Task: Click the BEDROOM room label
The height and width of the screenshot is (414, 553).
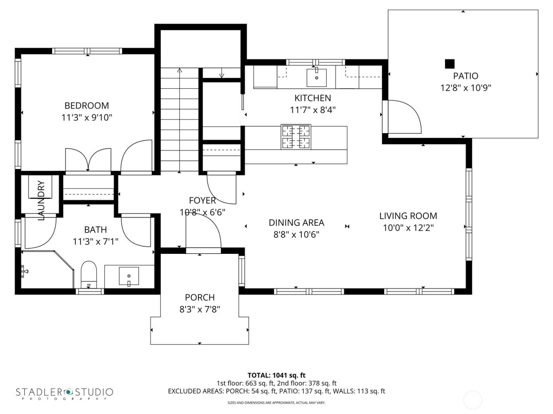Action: [x=87, y=106]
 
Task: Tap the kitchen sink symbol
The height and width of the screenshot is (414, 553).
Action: [x=317, y=77]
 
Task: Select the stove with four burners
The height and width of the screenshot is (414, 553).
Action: [x=296, y=137]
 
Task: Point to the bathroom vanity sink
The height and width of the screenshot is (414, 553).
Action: [x=129, y=276]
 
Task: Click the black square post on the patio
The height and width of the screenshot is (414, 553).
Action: [x=450, y=63]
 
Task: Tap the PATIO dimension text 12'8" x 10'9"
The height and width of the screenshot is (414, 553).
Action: [x=466, y=88]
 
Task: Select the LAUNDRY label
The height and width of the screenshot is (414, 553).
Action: [x=41, y=200]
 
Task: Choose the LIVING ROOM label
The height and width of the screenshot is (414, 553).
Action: [x=408, y=216]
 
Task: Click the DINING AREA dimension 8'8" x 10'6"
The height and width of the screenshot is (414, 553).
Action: [x=296, y=235]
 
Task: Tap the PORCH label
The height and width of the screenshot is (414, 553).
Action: [x=200, y=298]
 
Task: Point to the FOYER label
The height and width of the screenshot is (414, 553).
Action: [x=202, y=201]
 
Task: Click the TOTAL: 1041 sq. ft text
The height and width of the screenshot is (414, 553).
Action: [x=276, y=375]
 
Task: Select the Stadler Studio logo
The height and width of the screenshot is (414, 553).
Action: [x=64, y=393]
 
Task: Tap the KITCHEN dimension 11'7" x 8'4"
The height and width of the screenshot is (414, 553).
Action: [x=313, y=110]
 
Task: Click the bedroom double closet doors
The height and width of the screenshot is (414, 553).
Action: [x=88, y=160]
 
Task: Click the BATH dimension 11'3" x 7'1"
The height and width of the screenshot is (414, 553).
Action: [x=96, y=241]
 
